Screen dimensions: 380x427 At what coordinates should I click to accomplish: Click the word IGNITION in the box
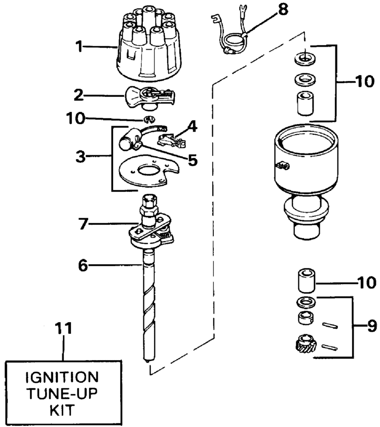tap(62, 377)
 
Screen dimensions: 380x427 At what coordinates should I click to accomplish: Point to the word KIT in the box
tap(62, 410)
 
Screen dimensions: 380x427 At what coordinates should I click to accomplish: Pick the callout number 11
tap(63, 328)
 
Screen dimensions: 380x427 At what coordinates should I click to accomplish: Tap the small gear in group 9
tap(305, 343)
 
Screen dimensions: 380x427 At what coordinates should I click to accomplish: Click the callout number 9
tap(372, 326)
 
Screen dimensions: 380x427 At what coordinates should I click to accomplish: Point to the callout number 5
tap(193, 160)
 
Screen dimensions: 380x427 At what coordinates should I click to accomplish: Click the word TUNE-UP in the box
tap(62, 394)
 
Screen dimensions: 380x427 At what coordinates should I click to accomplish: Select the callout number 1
tap(79, 47)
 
